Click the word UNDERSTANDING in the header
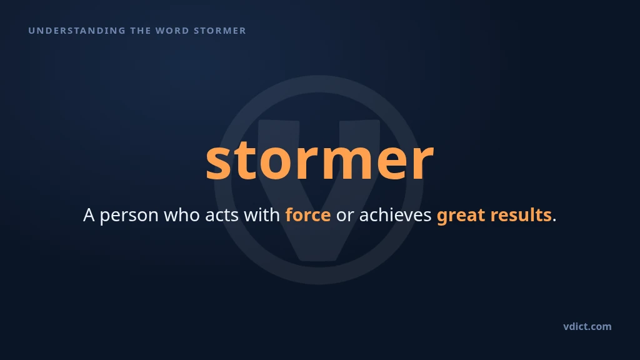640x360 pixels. pos(77,31)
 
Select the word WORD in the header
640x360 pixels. pos(172,31)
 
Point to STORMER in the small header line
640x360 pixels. pos(220,31)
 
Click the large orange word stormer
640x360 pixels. pos(319,160)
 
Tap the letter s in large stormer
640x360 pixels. pos(219,163)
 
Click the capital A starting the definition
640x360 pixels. pos(89,215)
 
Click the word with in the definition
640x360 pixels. pos(262,215)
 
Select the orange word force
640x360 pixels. pos(307,215)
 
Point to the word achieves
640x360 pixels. pos(395,215)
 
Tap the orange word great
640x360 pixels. pos(461,216)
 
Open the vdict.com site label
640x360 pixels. pos(587,326)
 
